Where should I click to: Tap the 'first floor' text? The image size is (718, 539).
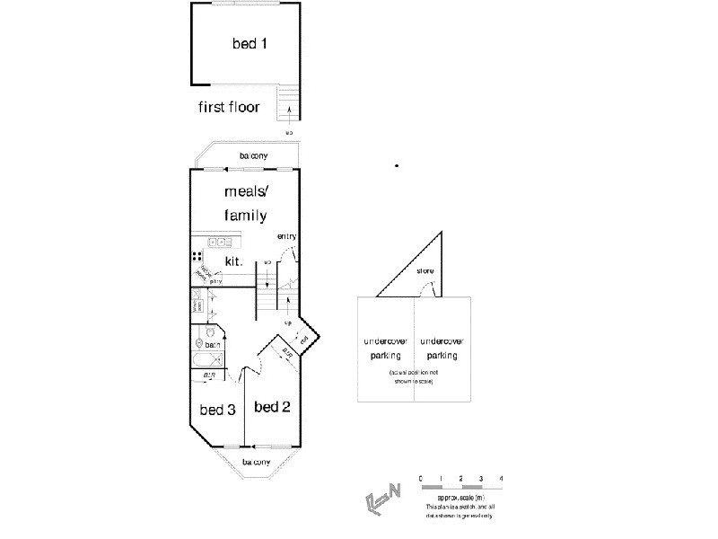[229, 108]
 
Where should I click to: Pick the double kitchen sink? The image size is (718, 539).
[219, 242]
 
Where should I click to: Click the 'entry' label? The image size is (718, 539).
[286, 236]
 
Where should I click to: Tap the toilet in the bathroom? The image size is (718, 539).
[199, 342]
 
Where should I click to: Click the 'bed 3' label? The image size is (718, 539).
[217, 410]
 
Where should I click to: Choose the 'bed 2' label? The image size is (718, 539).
[272, 407]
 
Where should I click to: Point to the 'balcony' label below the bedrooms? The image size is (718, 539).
[255, 462]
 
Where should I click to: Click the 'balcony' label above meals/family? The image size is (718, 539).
[253, 156]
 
